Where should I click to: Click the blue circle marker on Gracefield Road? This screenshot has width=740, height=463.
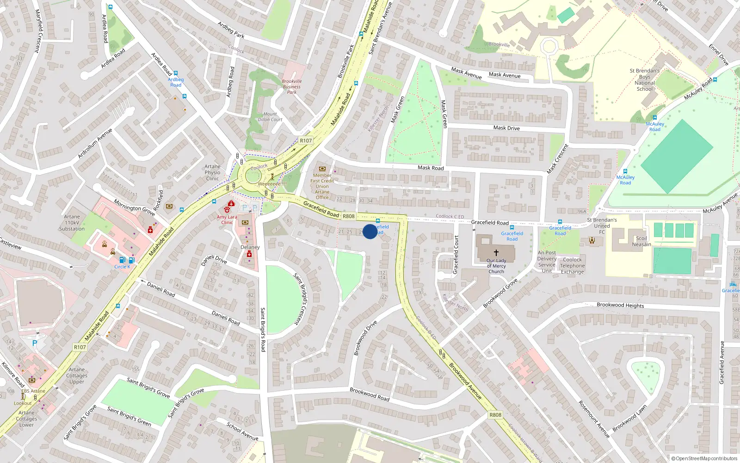[x=370, y=231]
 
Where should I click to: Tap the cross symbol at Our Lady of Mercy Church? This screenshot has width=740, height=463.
[x=496, y=253]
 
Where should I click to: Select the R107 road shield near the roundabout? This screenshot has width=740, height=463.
[x=306, y=141]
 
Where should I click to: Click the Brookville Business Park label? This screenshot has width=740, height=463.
[x=291, y=87]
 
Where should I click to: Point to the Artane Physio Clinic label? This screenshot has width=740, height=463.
[x=212, y=172]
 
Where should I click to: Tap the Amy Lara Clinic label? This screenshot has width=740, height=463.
[x=227, y=219]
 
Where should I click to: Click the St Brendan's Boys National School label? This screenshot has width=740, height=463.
[x=645, y=80]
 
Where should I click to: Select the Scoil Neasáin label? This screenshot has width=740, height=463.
[x=641, y=241]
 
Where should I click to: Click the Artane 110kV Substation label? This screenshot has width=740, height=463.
[x=72, y=223]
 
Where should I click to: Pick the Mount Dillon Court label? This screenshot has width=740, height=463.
[x=270, y=117]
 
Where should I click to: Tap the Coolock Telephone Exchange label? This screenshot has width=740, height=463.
[x=573, y=266]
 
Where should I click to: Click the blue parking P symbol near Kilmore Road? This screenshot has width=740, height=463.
[x=34, y=344]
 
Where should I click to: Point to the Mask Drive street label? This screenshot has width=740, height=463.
[x=506, y=128]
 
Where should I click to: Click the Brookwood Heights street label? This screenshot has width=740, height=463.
[x=620, y=305]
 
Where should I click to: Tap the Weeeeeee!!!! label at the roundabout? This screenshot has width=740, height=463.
[x=272, y=184]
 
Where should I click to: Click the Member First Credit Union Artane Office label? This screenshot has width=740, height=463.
[x=322, y=186]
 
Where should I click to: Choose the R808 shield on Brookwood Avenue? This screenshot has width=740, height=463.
[x=495, y=415]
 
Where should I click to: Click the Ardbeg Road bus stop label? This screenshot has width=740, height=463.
[x=176, y=82]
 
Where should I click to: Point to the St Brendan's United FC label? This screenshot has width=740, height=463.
[x=602, y=226]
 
